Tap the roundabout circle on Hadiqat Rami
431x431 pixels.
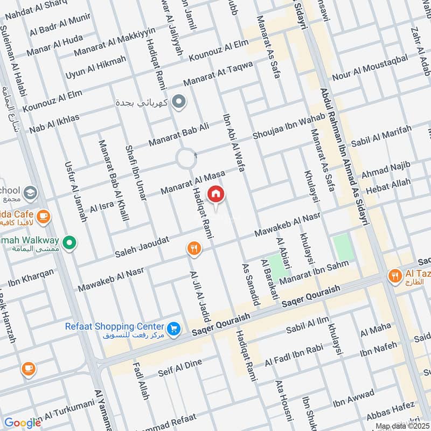tap(187, 159)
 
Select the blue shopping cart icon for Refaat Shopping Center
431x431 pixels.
tap(173, 328)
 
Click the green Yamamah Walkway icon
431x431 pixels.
tap(69, 244)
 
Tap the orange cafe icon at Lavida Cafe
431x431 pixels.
tap(44, 217)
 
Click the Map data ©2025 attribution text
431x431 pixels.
tap(401, 426)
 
